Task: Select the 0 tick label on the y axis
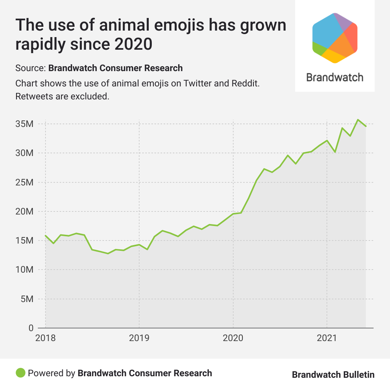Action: click(31, 328)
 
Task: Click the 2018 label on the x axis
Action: click(45, 338)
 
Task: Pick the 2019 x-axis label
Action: click(139, 338)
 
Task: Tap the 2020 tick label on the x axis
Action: click(233, 338)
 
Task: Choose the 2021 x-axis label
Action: click(327, 338)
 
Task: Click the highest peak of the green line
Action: click(358, 120)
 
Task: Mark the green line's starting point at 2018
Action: click(45, 236)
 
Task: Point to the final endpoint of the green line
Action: click(366, 126)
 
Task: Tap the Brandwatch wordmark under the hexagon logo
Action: click(335, 77)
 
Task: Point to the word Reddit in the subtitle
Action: click(246, 83)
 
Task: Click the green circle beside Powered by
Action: click(20, 373)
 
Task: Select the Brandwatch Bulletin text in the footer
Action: click(333, 375)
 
